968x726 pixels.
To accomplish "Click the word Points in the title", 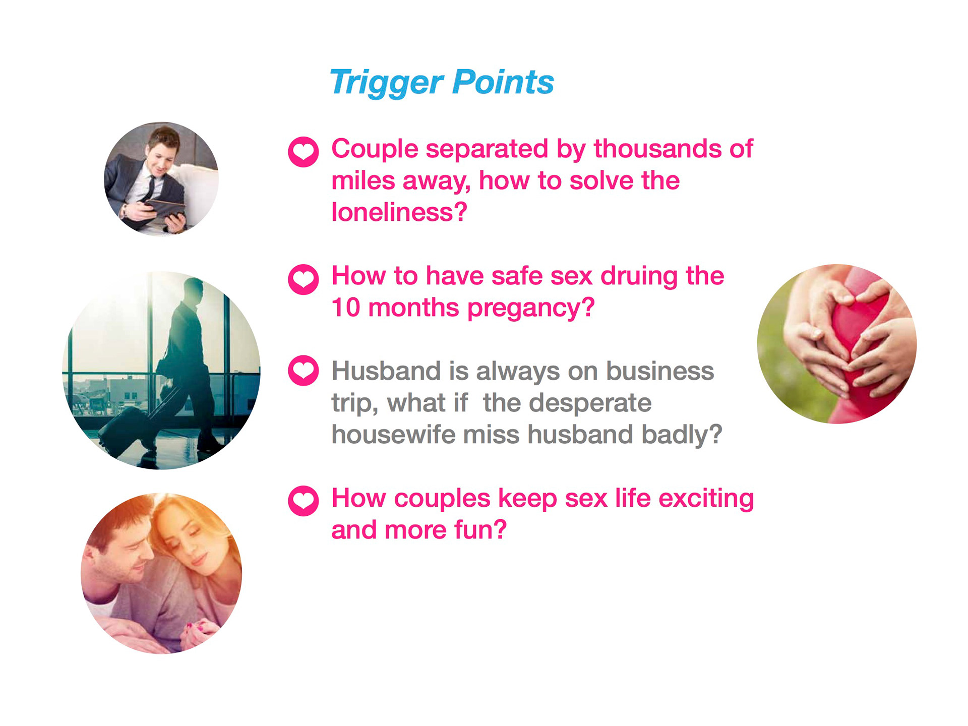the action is (503, 82).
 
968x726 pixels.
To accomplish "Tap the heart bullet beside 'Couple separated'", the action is (304, 152).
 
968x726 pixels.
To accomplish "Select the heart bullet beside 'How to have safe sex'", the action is (304, 279).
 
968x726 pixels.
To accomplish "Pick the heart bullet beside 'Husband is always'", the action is (304, 371).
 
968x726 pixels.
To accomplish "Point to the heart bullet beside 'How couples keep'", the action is (304, 501).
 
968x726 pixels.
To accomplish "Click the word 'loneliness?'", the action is (399, 212).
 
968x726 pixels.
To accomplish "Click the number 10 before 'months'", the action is (346, 308).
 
